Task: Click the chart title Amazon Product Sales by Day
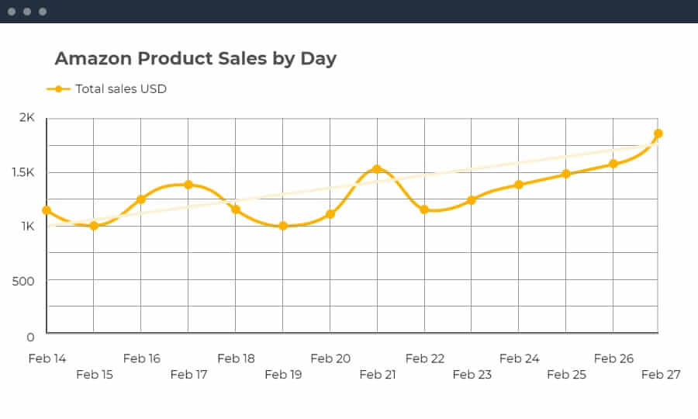195,59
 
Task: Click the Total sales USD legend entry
120,89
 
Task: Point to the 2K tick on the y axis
27,118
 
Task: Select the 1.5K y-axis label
22,172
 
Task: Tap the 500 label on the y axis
24,281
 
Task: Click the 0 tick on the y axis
30,337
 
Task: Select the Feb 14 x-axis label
47,358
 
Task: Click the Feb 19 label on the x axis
283,375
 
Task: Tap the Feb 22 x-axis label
425,358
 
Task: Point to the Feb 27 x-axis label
661,375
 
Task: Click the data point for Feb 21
377,169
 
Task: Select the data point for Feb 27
658,133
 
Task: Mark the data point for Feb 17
188,185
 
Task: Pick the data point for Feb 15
94,226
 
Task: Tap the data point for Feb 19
283,226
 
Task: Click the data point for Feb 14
47,210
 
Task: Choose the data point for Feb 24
519,185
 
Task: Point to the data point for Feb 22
424,209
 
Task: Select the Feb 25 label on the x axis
566,375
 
